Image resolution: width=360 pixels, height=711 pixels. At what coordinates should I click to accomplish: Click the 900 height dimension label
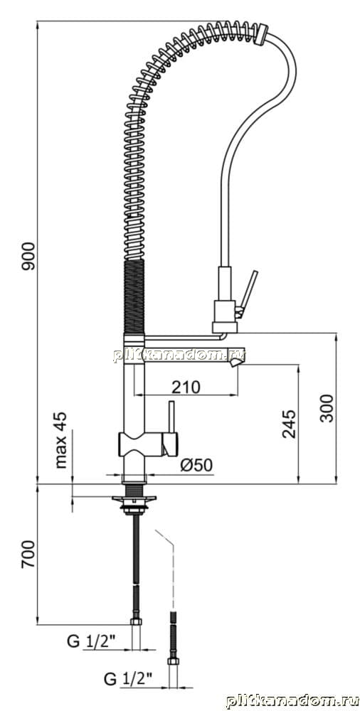28,256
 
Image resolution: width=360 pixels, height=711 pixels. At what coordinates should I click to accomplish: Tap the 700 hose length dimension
28,554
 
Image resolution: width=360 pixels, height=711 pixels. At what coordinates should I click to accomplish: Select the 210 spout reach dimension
186,387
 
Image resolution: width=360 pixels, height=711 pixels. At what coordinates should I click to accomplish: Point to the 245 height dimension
289,424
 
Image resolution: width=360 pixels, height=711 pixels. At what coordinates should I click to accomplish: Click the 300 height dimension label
326,408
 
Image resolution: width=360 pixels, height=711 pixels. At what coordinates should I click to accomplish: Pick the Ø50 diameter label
196,465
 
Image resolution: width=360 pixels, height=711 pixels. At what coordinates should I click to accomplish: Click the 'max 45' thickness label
61,440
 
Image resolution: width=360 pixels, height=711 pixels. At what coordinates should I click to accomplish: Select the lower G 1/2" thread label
129,679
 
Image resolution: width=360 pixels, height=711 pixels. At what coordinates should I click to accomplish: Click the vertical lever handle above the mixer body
172,417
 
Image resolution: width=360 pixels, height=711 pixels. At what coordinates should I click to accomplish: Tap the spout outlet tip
236,363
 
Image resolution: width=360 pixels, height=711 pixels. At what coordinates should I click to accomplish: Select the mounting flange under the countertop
134,499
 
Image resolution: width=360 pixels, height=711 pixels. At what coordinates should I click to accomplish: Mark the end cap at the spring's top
261,34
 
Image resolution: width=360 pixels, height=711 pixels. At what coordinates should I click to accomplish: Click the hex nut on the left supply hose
136,621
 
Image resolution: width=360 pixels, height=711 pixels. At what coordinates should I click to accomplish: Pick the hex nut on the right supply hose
173,661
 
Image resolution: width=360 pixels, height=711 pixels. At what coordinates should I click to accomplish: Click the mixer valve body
148,444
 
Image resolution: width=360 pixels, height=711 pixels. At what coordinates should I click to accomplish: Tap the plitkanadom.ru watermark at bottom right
293,700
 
